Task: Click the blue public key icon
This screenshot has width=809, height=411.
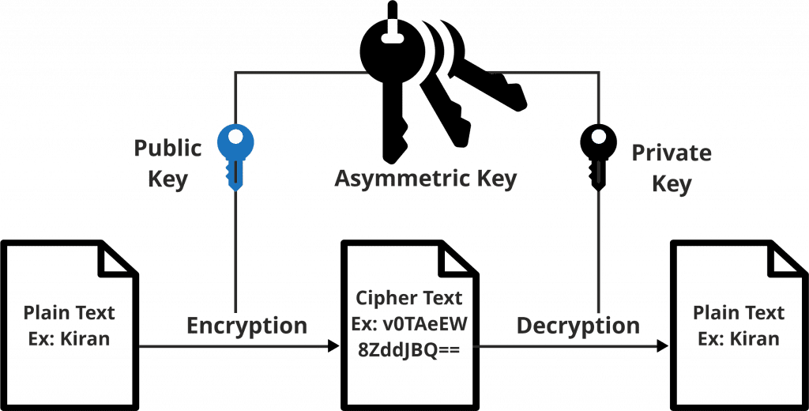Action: [235, 154]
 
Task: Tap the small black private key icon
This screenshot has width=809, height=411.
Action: [599, 154]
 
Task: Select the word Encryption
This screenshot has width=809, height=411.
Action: [246, 325]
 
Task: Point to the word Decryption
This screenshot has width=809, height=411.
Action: [578, 325]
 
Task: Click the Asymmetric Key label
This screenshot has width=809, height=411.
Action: [425, 179]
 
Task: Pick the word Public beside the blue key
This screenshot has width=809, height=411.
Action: [167, 149]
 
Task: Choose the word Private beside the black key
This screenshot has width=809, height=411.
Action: [672, 153]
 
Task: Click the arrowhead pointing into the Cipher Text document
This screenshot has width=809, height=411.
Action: [332, 347]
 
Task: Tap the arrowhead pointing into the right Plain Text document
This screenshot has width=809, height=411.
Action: [662, 347]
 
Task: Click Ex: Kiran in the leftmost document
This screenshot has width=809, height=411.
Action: [69, 338]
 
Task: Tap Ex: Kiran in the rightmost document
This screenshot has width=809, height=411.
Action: [736, 338]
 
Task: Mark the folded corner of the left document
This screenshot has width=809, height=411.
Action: [119, 258]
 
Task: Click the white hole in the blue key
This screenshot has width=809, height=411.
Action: [235, 138]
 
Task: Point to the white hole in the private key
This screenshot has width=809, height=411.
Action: [600, 138]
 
